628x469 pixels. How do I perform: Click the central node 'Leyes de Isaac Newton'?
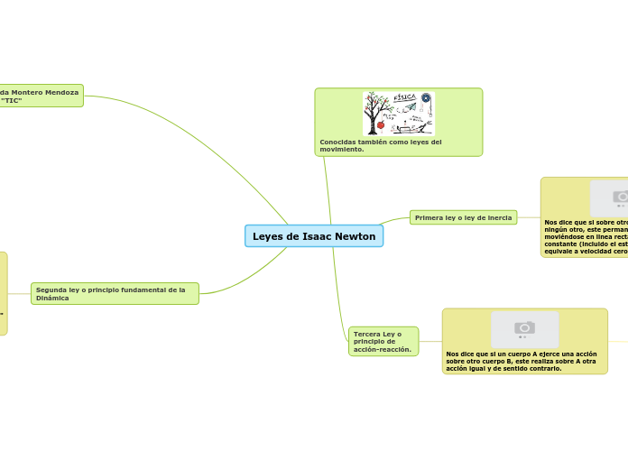[314, 236]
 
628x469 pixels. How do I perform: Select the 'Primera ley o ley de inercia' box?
[463, 217]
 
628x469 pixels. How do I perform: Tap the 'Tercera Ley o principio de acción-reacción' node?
[383, 341]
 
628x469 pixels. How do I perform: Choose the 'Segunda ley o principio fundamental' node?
[115, 293]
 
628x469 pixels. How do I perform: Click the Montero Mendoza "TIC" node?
[41, 96]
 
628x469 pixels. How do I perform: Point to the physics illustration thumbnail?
[398, 114]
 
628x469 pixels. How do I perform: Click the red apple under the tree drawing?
[381, 125]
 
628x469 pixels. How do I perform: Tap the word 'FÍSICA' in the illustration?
[405, 97]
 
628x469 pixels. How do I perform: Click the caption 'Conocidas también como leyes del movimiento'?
[381, 145]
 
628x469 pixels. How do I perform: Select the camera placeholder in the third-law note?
[524, 328]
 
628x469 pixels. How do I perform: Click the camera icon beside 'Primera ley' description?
[620, 197]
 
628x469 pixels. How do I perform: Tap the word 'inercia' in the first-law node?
[498, 217]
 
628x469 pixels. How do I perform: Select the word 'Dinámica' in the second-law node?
[52, 298]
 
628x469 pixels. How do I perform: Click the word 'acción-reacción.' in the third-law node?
[383, 349]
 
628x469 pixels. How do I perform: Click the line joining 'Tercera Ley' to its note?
[430, 341]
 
